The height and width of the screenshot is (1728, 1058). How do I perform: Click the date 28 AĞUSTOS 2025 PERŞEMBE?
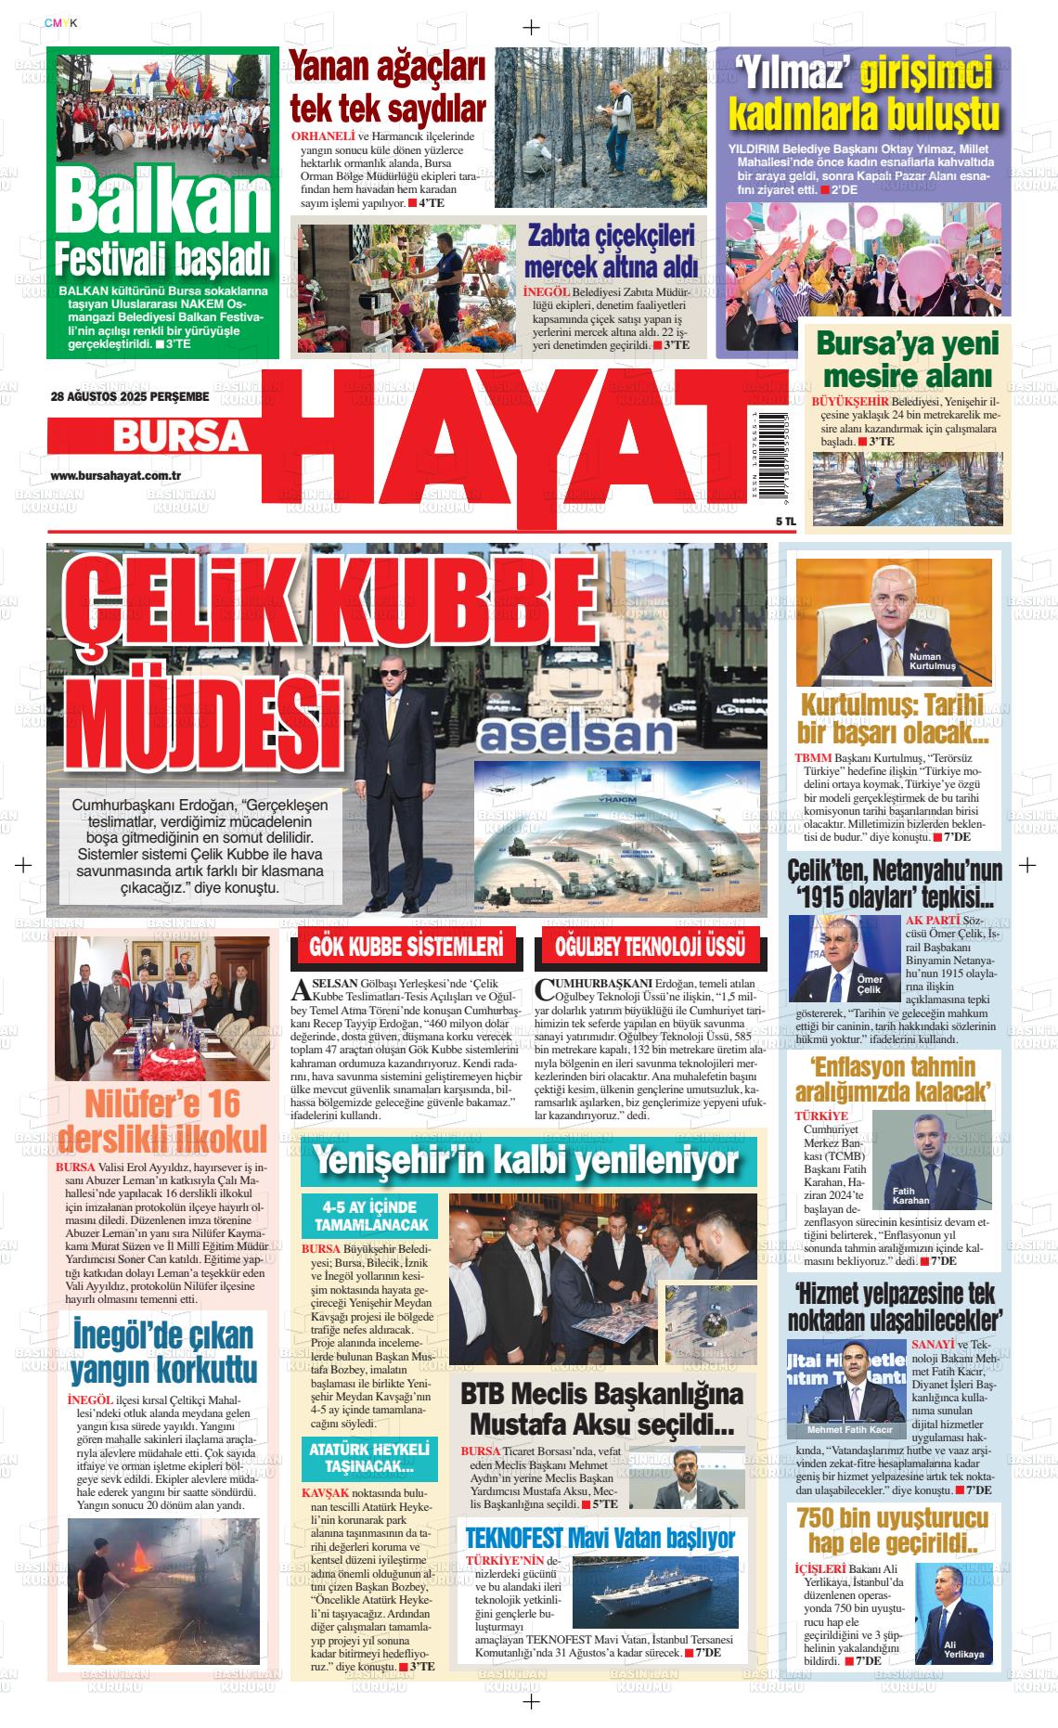(130, 397)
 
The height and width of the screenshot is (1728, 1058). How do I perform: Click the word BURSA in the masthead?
(179, 435)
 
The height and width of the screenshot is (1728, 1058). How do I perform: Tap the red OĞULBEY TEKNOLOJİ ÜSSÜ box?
(650, 948)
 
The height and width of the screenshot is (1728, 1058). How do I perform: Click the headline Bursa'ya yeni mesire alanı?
(909, 359)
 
